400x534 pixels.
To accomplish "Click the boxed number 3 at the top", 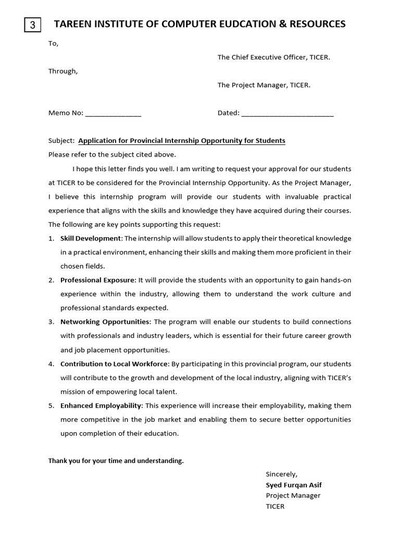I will (x=33, y=25).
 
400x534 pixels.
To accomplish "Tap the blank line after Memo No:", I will (x=113, y=113).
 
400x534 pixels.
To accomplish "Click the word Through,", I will (x=63, y=71).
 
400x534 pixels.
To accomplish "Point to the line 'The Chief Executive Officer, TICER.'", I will (x=273, y=57).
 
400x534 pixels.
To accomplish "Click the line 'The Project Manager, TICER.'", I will (x=264, y=85).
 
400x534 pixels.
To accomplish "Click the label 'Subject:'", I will (x=61, y=141).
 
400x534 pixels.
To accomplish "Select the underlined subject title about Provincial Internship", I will (x=181, y=141).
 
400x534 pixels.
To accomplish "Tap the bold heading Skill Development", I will (x=91, y=238).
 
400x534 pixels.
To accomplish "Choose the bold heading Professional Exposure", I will (x=98, y=280).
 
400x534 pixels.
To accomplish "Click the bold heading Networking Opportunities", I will (x=105, y=322).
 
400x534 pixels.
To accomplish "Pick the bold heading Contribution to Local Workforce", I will (x=114, y=363).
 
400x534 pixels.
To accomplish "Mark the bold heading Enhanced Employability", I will (x=101, y=405).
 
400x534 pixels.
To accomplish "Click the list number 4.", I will (x=51, y=363).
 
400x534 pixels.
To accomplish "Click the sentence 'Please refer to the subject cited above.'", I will (x=112, y=154).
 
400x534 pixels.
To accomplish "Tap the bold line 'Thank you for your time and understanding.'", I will (x=116, y=461).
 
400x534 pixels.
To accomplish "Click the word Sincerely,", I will (x=281, y=474).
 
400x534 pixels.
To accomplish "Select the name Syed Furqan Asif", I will (x=293, y=485).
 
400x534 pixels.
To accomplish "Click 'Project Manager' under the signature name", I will (x=293, y=495).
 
